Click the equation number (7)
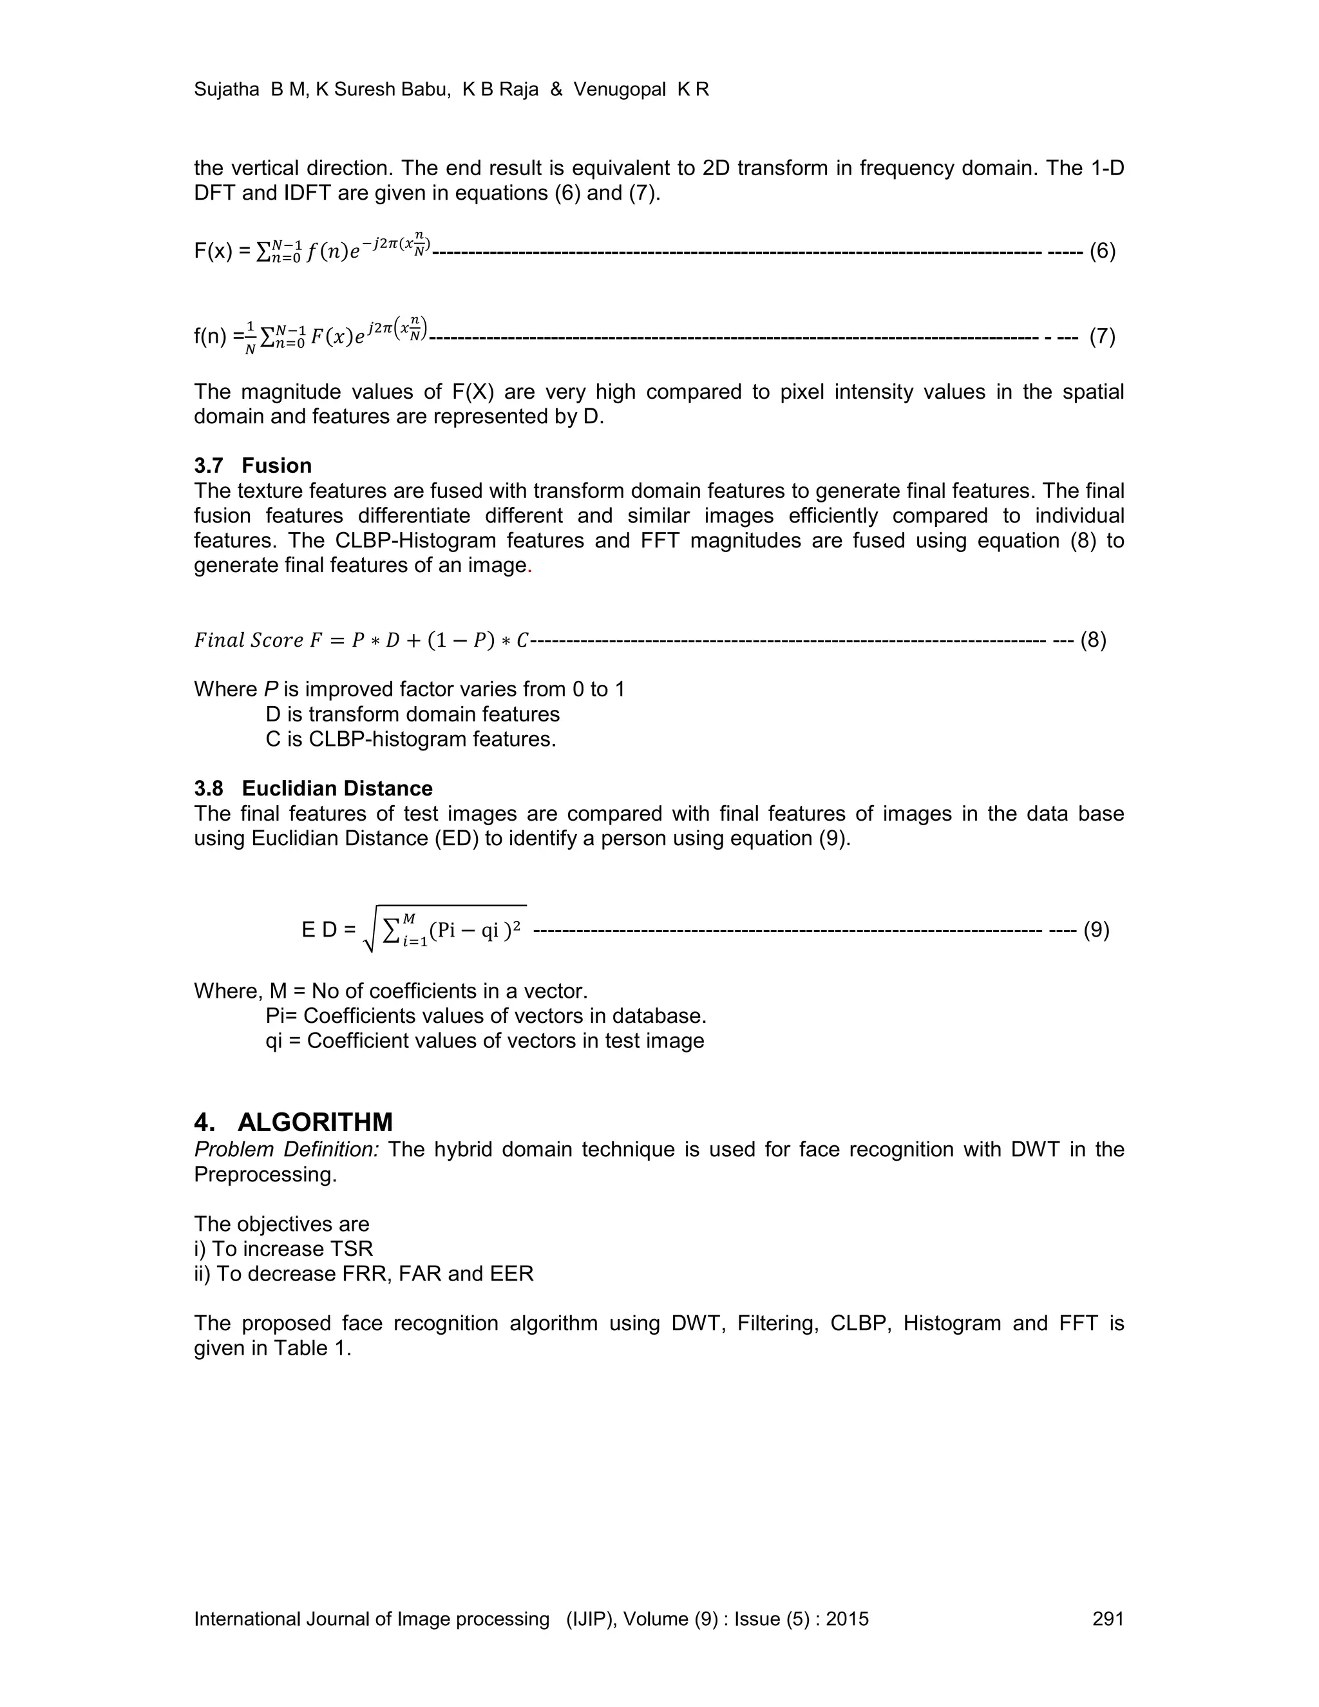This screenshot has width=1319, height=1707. coord(1102,337)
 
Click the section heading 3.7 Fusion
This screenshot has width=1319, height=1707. coord(252,466)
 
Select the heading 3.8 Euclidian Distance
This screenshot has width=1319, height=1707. coord(314,788)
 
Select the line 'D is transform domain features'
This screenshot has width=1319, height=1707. coord(413,714)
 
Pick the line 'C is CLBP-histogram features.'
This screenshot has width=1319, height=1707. coord(410,739)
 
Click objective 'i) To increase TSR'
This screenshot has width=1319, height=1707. coord(283,1249)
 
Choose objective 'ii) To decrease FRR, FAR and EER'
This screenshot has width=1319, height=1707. coord(363,1274)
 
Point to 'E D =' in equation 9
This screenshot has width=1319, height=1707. coord(328,930)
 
